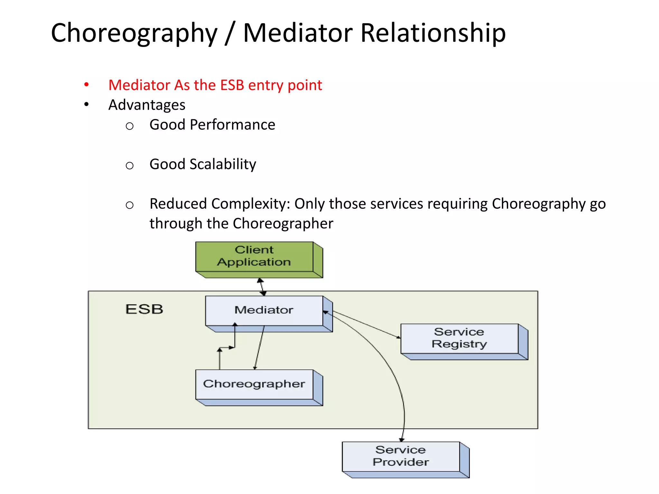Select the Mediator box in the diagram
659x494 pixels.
click(264, 310)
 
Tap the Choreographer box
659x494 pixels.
click(254, 384)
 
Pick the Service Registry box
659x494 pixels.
click(459, 338)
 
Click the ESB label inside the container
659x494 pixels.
click(144, 309)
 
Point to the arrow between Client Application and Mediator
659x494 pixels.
click(262, 287)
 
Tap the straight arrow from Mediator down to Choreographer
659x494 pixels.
click(259, 347)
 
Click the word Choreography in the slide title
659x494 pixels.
click(134, 33)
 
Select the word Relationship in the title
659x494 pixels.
click(433, 33)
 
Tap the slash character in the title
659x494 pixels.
click(230, 33)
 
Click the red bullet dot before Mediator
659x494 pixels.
click(86, 85)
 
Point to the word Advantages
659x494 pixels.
click(147, 105)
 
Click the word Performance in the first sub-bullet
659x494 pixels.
click(232, 125)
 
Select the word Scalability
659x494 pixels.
click(223, 164)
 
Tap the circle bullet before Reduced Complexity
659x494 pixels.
click(129, 205)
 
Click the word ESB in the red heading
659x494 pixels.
click(232, 85)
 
